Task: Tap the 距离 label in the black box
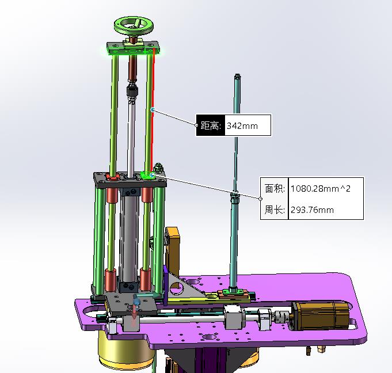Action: point(211,125)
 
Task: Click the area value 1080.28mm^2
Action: point(321,188)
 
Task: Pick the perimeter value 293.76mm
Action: point(312,210)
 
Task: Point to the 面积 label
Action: point(275,188)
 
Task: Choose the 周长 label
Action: point(275,210)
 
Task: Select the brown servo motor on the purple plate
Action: point(321,315)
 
